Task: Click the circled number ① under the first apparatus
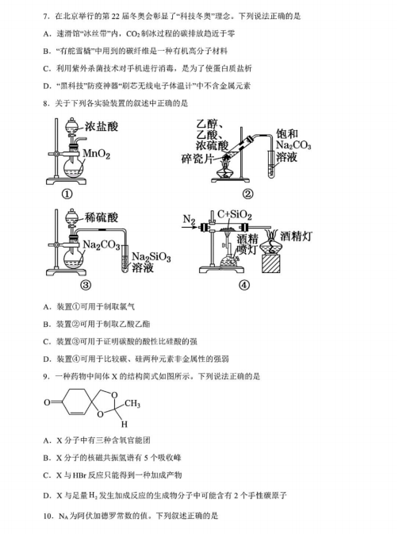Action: tap(67, 194)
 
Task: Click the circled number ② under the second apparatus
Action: tap(247, 194)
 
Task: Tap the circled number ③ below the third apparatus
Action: tap(86, 285)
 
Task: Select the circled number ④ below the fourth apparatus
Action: tap(244, 285)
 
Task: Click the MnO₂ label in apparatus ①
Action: tap(96, 154)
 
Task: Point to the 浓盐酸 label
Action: tap(102, 126)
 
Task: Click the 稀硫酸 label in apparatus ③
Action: tap(101, 217)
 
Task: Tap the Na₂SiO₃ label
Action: tap(151, 257)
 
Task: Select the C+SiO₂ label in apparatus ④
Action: tap(235, 214)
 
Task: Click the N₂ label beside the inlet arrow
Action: tap(190, 219)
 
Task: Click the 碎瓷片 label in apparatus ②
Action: tap(197, 159)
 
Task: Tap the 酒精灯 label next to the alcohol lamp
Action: tap(296, 236)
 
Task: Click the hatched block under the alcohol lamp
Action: tap(271, 263)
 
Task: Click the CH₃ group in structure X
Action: tap(132, 404)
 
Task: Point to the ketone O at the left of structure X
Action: tap(47, 402)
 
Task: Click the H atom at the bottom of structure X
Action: tap(125, 424)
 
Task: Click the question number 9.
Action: tap(47, 376)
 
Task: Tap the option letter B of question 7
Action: tap(47, 51)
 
